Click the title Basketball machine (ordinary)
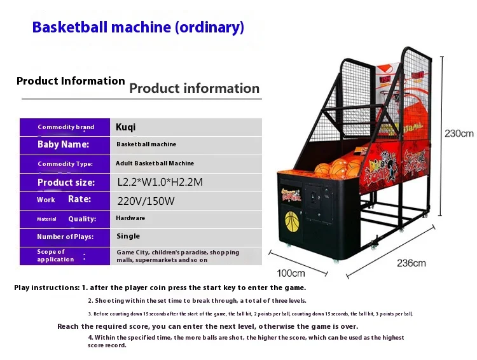(138, 27)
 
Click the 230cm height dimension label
(459, 134)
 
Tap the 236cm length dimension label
(411, 263)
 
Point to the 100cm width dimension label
(291, 273)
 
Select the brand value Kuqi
(125, 127)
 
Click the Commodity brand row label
(66, 127)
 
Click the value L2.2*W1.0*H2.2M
(160, 182)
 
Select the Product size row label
(66, 183)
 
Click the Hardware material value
(130, 218)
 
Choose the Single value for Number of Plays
(128, 236)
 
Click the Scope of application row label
(55, 256)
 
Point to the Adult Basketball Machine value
(155, 163)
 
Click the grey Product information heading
(194, 88)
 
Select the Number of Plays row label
(65, 237)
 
